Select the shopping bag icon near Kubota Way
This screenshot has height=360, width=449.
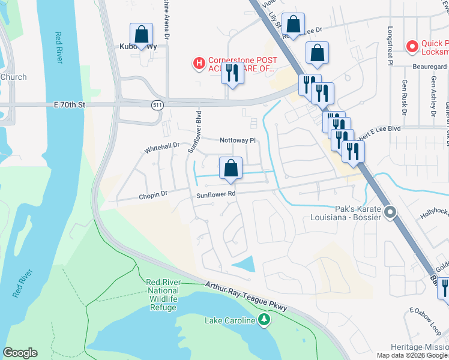[141, 34]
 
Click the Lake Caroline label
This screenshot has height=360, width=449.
[230, 321]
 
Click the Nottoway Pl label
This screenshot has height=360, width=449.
[238, 140]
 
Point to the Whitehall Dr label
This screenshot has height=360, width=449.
[162, 146]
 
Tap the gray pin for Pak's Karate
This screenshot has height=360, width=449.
[390, 212]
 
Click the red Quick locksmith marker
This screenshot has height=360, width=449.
[412, 46]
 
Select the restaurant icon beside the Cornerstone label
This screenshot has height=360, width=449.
[231, 73]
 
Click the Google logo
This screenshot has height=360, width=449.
[20, 353]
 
